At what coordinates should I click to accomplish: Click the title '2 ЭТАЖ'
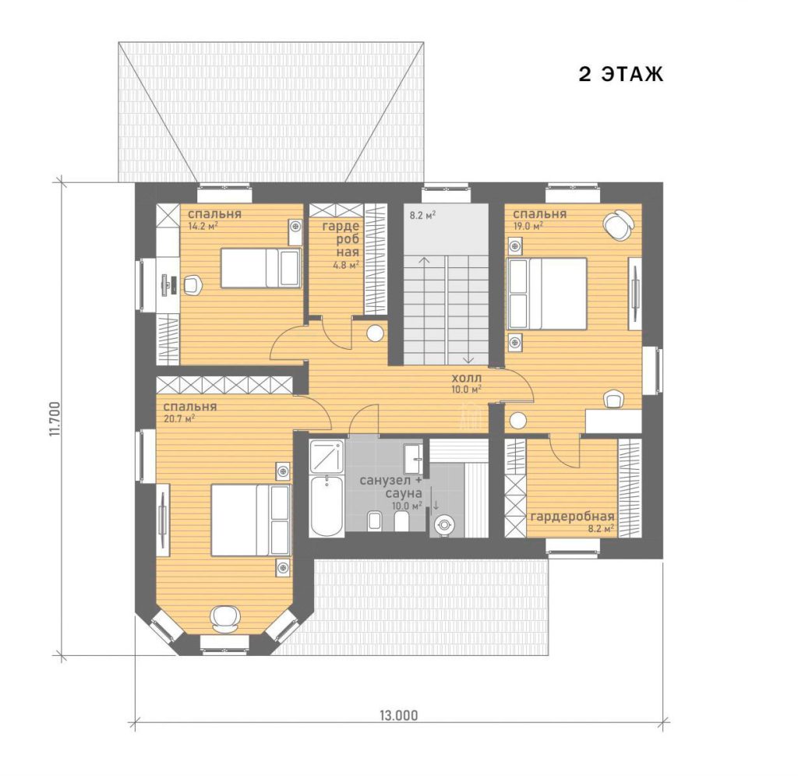(x=621, y=74)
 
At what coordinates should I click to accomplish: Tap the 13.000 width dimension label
(x=398, y=715)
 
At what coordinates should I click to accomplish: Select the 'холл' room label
(x=467, y=379)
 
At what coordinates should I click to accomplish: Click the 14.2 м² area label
(x=203, y=227)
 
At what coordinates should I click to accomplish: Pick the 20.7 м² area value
(x=179, y=419)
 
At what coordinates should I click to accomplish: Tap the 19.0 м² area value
(x=528, y=226)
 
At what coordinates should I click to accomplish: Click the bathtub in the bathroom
(x=327, y=506)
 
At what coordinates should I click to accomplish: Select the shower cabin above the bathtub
(x=327, y=456)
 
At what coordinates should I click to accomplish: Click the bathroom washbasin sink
(x=413, y=459)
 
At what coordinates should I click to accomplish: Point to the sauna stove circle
(x=443, y=524)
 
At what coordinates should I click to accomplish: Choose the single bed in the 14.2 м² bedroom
(x=260, y=268)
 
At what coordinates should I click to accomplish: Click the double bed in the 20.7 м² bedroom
(x=251, y=520)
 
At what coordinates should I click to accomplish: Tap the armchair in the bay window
(x=225, y=618)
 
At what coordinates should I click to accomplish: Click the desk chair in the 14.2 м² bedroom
(x=193, y=284)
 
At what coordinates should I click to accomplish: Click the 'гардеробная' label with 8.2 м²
(x=573, y=517)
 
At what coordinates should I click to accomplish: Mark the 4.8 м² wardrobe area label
(x=346, y=265)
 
